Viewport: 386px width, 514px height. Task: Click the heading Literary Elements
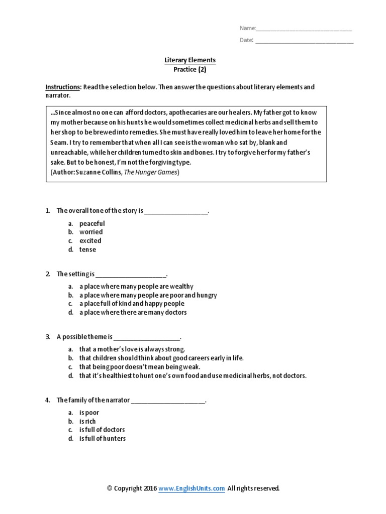[190, 60]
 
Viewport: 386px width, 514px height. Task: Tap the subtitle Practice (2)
[190, 69]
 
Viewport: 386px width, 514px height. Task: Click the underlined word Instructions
[63, 87]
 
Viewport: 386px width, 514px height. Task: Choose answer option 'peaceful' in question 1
[92, 223]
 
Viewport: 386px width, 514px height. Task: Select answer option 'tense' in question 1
[87, 249]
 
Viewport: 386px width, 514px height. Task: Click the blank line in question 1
[176, 212]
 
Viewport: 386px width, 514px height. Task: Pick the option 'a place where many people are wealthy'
[136, 286]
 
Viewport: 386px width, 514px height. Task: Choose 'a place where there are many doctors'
[133, 312]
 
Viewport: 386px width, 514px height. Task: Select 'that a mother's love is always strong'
[132, 349]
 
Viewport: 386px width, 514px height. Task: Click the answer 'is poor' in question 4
[89, 413]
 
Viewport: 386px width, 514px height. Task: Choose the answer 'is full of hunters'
[103, 439]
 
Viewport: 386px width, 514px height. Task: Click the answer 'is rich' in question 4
[87, 421]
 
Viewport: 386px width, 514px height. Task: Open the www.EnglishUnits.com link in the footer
[191, 488]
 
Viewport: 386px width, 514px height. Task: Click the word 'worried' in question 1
[91, 232]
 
